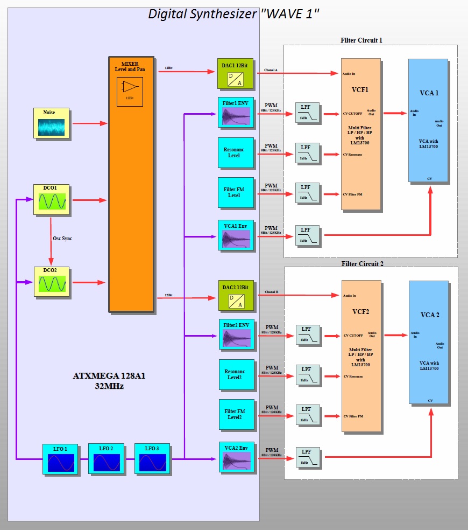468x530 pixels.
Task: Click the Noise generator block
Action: pos(52,124)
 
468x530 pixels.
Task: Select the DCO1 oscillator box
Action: pos(52,200)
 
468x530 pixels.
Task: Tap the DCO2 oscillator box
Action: pos(52,282)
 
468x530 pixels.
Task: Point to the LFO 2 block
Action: pos(106,459)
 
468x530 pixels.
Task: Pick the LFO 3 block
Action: pos(152,459)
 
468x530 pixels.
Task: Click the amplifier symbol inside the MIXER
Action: pos(130,87)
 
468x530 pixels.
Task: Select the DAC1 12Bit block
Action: pos(235,73)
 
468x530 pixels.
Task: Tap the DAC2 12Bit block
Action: pos(236,295)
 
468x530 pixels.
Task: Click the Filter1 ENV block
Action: pos(236,113)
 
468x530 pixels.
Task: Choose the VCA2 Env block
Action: pos(236,457)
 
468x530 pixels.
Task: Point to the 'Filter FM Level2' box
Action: pos(236,414)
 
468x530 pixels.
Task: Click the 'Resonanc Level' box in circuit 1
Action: pos(236,152)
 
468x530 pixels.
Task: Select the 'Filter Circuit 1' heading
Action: pos(361,40)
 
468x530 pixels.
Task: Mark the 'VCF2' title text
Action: pos(360,311)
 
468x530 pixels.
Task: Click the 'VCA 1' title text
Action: pos(429,93)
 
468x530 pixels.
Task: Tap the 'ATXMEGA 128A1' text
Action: pos(109,375)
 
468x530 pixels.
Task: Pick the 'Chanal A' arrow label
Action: pos(271,70)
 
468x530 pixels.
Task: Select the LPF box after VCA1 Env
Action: pos(307,235)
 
